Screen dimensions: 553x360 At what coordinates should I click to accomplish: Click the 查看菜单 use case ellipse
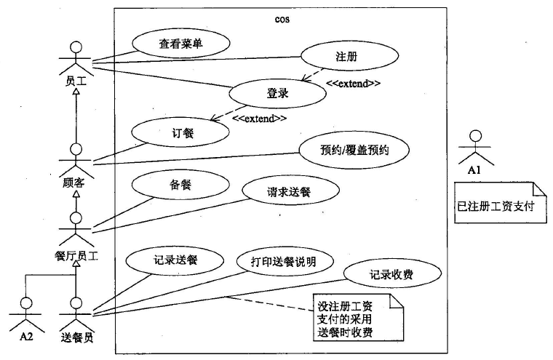pyautogui.click(x=181, y=44)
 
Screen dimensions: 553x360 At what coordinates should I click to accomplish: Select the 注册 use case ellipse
pyautogui.click(x=349, y=56)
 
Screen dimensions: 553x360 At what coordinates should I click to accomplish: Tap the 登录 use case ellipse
pyautogui.click(x=277, y=93)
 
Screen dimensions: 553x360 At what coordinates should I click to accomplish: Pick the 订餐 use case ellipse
pyautogui.click(x=180, y=132)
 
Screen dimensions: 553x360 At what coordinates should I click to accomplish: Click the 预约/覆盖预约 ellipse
pyautogui.click(x=354, y=150)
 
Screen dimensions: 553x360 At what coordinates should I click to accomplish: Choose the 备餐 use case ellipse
pyautogui.click(x=180, y=184)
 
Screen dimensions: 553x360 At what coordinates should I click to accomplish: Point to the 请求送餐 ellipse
pyautogui.click(x=290, y=191)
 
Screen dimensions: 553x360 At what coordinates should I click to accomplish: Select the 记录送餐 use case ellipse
pyautogui.click(x=175, y=260)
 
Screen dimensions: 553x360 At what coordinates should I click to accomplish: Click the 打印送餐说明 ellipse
pyautogui.click(x=285, y=261)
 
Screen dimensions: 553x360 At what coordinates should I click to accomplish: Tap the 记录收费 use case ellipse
pyautogui.click(x=392, y=273)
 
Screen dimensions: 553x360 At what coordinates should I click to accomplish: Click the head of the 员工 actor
pyautogui.click(x=76, y=47)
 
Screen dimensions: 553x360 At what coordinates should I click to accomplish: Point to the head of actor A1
pyautogui.click(x=476, y=136)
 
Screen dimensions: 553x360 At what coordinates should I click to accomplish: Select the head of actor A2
pyautogui.click(x=26, y=303)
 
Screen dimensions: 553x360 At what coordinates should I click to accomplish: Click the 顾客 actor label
pyautogui.click(x=73, y=183)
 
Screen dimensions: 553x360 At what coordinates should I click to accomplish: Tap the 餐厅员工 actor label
pyautogui.click(x=76, y=255)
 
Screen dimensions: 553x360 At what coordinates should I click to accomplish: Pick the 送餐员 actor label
pyautogui.click(x=77, y=337)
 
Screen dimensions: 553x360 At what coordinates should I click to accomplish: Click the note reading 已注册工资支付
pyautogui.click(x=501, y=203)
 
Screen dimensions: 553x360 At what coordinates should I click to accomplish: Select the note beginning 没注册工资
pyautogui.click(x=358, y=318)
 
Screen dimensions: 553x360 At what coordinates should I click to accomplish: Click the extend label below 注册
pyautogui.click(x=353, y=84)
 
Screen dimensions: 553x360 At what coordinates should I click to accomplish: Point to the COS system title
pyautogui.click(x=282, y=19)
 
